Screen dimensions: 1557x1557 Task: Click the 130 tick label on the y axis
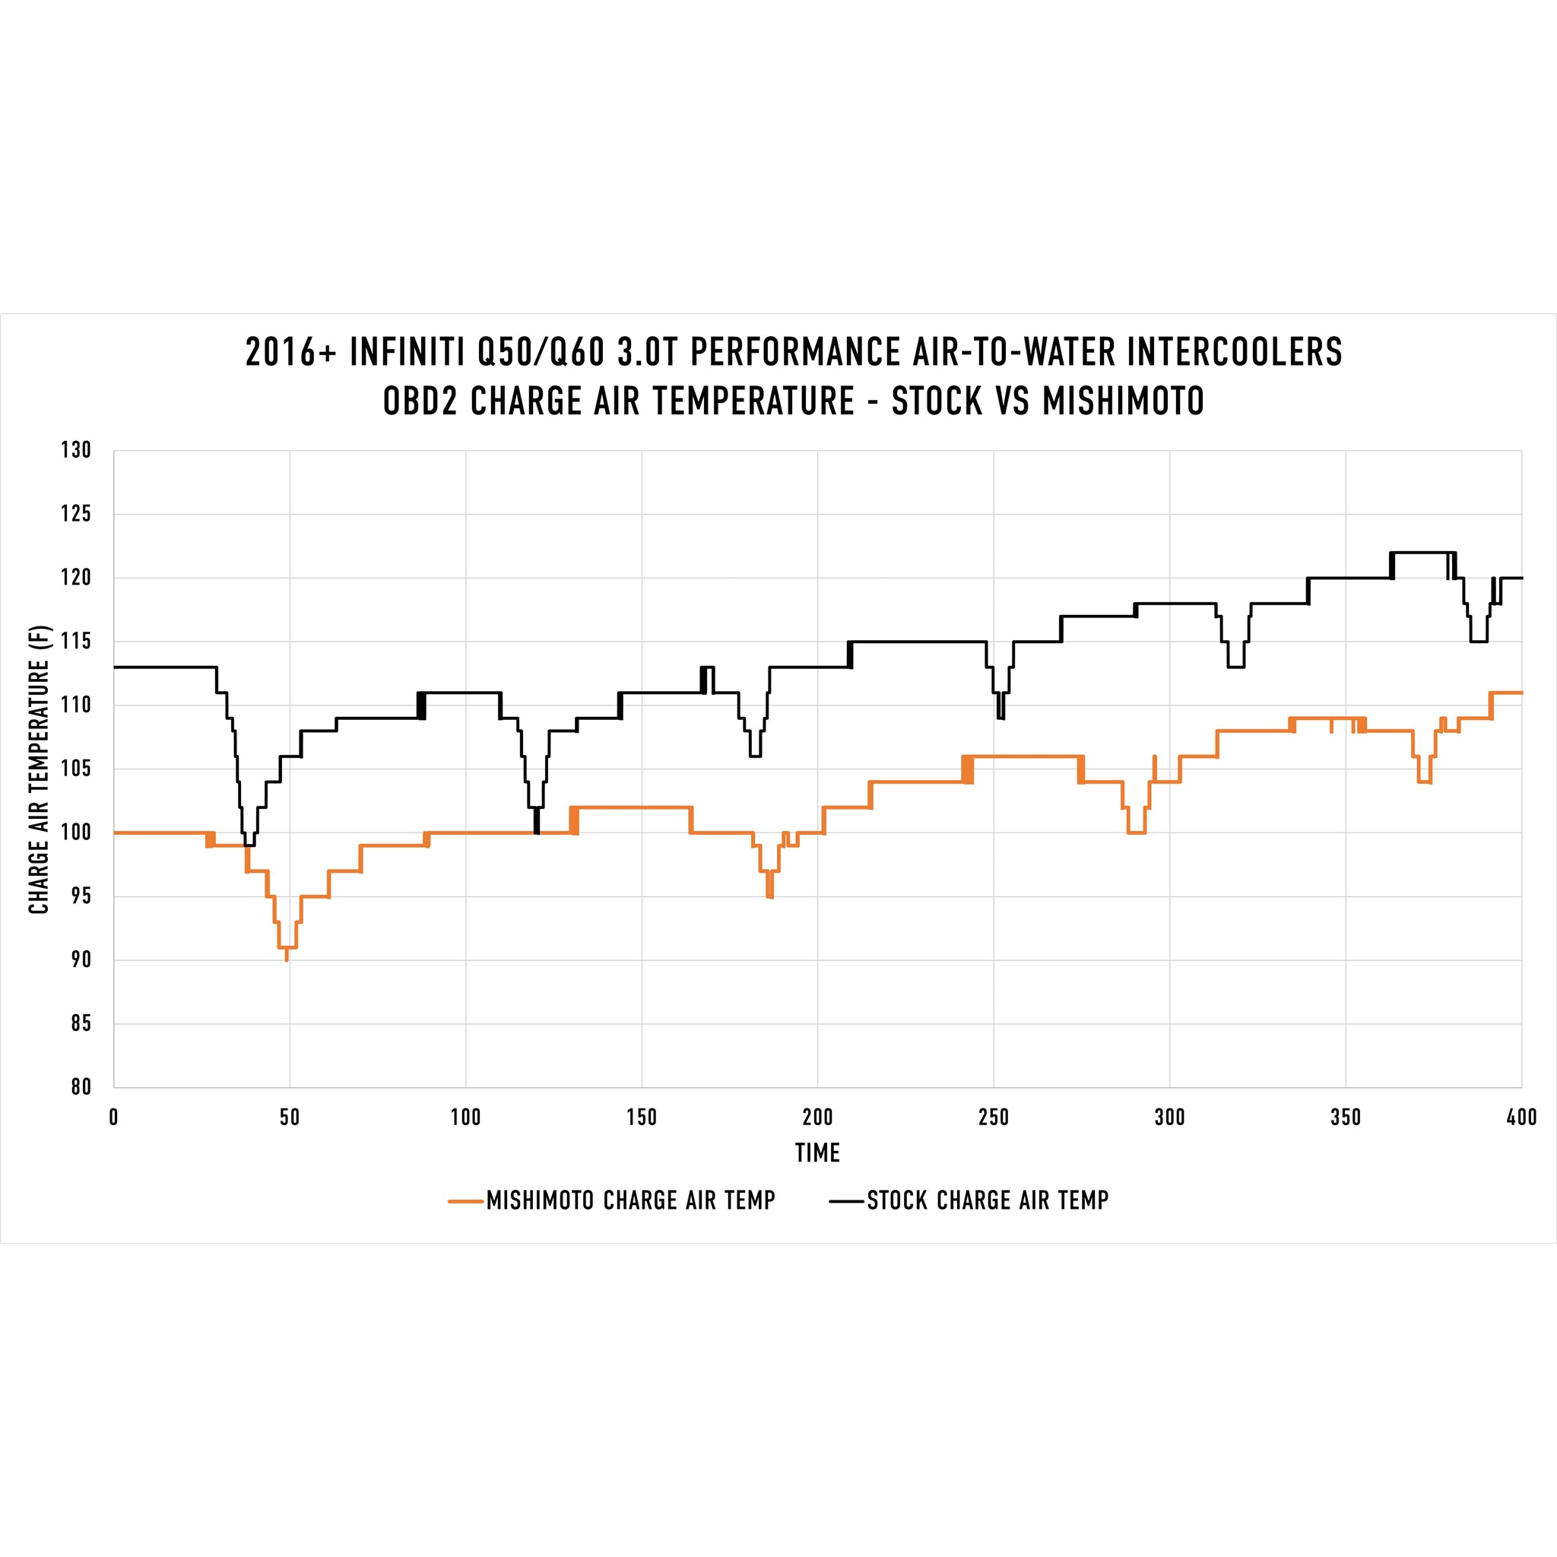point(76,451)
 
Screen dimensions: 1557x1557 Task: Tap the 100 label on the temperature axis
point(76,832)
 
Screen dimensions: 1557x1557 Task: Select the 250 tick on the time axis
point(993,1117)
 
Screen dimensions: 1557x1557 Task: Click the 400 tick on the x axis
point(1521,1117)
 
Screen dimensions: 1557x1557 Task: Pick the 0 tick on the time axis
point(113,1117)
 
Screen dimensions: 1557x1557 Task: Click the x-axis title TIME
point(817,1153)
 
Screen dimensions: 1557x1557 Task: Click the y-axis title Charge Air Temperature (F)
point(40,769)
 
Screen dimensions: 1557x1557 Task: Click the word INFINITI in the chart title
point(407,353)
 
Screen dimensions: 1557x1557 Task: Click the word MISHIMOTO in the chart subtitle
point(1124,401)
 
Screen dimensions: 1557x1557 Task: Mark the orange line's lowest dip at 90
point(287,958)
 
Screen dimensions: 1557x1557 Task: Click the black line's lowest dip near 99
point(249,845)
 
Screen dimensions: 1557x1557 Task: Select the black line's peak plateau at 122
point(1422,553)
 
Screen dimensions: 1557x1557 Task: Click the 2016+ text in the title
point(290,353)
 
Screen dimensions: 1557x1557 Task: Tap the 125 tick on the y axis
point(76,514)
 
